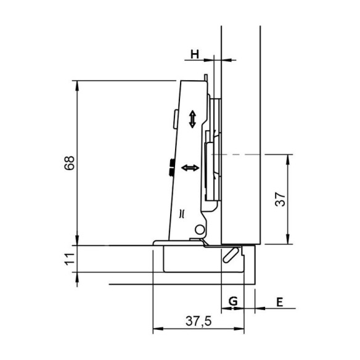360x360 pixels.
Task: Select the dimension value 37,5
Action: pyautogui.click(x=199, y=320)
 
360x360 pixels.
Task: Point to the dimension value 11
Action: pyautogui.click(x=69, y=259)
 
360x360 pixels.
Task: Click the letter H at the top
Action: pyautogui.click(x=194, y=54)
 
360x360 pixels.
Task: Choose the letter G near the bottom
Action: pyautogui.click(x=232, y=301)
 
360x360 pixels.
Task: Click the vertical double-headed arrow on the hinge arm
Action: pyautogui.click(x=192, y=119)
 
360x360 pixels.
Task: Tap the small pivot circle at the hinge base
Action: pyautogui.click(x=198, y=230)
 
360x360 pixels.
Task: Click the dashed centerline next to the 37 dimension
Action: pyautogui.click(x=240, y=153)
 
